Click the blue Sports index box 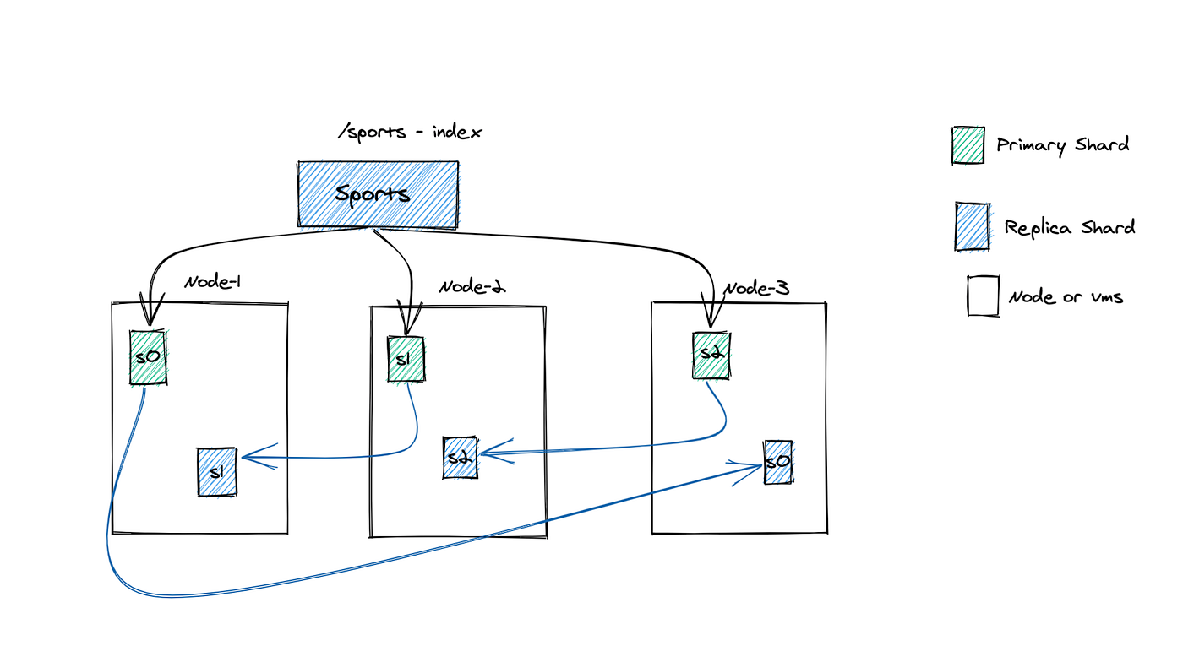tap(378, 194)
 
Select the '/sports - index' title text tap(410, 133)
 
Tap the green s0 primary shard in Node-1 tap(148, 357)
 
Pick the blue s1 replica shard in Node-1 tap(216, 471)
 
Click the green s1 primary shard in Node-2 tap(406, 359)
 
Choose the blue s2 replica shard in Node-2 tap(460, 458)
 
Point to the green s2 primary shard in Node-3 tap(711, 355)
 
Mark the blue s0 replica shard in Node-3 tap(778, 462)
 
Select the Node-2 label tap(472, 286)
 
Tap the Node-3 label tap(756, 289)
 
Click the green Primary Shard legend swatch tap(968, 145)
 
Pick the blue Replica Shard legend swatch tap(972, 226)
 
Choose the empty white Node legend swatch tap(983, 296)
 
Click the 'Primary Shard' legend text tap(1062, 145)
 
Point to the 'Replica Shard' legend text tap(1069, 227)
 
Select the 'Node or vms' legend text tap(1066, 296)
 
